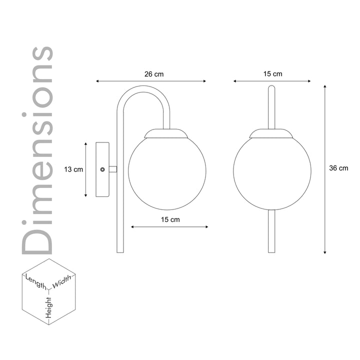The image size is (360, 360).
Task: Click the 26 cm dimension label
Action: [154, 74]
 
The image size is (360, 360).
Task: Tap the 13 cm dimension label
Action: [73, 169]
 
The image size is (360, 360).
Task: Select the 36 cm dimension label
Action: [338, 168]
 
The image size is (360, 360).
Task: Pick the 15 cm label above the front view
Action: [272, 74]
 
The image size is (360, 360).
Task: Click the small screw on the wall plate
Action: [102, 169]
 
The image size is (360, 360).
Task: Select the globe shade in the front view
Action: [272, 171]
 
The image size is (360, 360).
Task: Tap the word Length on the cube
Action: [35, 281]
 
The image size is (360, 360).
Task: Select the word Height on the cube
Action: [49, 306]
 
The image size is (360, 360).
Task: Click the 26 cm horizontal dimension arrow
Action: [151, 81]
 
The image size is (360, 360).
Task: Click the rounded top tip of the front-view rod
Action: [272, 88]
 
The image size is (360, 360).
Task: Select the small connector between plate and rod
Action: [113, 169]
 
